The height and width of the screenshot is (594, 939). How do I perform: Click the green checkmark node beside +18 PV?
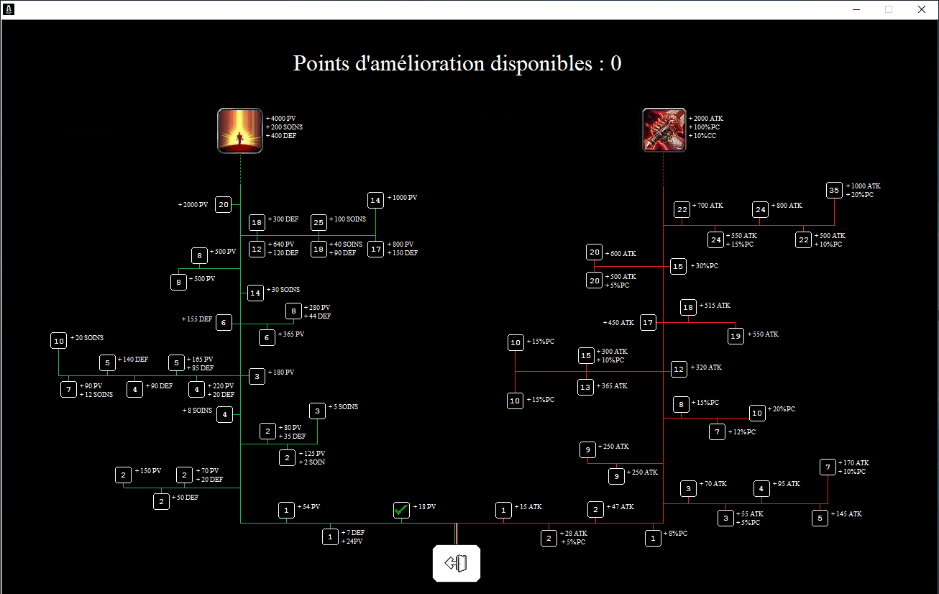pyautogui.click(x=401, y=510)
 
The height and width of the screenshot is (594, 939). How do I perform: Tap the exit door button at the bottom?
pyautogui.click(x=456, y=563)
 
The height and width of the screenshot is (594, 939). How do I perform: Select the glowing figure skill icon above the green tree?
pyautogui.click(x=239, y=130)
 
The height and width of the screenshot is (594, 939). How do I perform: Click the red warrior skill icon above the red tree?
pyautogui.click(x=664, y=130)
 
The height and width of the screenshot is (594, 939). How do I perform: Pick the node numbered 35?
pyautogui.click(x=834, y=191)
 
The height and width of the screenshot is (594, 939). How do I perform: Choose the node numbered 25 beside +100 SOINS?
pyautogui.click(x=319, y=222)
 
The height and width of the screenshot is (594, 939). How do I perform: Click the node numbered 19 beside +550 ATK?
pyautogui.click(x=735, y=336)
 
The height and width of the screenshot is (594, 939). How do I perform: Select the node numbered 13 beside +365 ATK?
pyautogui.click(x=586, y=387)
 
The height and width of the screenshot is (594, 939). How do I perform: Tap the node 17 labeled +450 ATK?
pyautogui.click(x=648, y=323)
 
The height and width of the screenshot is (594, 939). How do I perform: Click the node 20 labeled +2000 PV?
pyautogui.click(x=224, y=204)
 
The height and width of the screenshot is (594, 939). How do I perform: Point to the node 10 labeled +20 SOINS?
pyautogui.click(x=59, y=341)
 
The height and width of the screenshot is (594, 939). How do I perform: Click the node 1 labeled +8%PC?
pyautogui.click(x=653, y=537)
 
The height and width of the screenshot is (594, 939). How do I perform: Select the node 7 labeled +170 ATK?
pyautogui.click(x=828, y=467)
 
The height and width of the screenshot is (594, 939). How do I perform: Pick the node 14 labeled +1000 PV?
pyautogui.click(x=375, y=200)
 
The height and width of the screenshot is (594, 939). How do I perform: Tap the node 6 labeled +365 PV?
pyautogui.click(x=267, y=337)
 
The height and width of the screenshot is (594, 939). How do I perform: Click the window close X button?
pyautogui.click(x=921, y=9)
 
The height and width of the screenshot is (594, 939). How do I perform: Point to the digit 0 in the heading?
pyautogui.click(x=616, y=64)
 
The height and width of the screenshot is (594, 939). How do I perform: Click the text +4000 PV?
pyautogui.click(x=281, y=118)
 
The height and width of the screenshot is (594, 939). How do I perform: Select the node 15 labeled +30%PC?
pyautogui.click(x=678, y=266)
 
